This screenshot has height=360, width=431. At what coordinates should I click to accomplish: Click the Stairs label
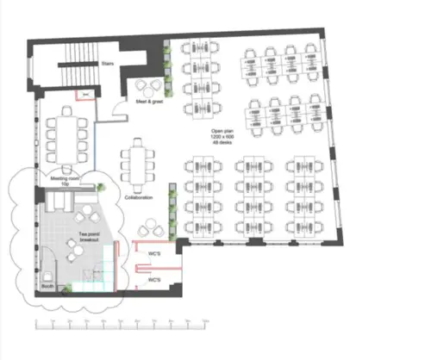click(x=109, y=62)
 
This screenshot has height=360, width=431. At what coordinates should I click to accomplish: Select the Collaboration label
click(x=138, y=198)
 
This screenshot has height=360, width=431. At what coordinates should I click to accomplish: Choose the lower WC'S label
click(x=154, y=281)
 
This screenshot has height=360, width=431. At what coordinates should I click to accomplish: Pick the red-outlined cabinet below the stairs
click(x=85, y=94)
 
